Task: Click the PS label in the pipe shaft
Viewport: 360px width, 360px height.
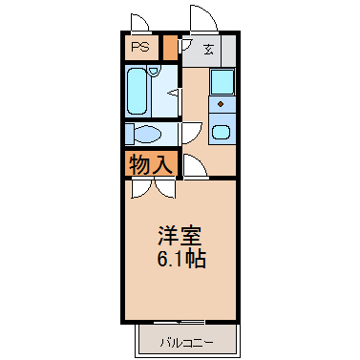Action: point(140,47)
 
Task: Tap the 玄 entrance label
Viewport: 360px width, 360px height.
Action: point(208,50)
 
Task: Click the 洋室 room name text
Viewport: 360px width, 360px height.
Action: point(180,236)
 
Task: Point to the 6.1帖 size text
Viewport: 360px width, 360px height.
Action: point(181,259)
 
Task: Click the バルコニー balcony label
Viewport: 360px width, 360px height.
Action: point(187,343)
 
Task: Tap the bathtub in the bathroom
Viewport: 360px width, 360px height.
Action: point(138,92)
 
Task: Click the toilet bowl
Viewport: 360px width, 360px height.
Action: point(147,134)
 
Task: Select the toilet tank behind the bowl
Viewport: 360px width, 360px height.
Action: point(129,134)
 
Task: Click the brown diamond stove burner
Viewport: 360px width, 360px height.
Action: point(221,103)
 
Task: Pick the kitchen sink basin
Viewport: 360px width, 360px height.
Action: point(221,132)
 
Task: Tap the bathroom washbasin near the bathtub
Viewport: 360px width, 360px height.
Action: point(154,71)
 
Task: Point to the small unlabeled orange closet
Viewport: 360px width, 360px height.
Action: point(170,48)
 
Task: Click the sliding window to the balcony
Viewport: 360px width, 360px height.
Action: point(180,322)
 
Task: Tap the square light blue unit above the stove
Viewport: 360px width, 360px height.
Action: point(222,82)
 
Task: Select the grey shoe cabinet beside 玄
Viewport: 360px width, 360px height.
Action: point(228,51)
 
